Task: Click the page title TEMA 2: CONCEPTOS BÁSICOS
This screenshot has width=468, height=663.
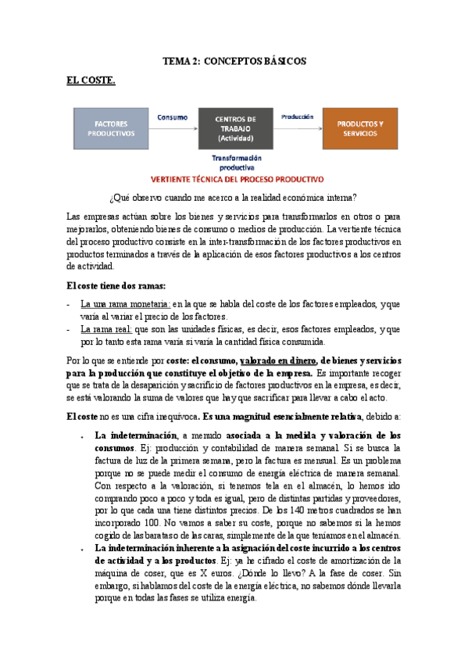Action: [234, 60]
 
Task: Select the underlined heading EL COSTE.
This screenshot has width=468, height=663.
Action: [91, 80]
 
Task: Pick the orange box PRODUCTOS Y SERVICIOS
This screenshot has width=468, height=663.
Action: [359, 128]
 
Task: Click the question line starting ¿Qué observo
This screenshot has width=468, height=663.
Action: [234, 197]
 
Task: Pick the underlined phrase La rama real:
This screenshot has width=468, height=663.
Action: [106, 329]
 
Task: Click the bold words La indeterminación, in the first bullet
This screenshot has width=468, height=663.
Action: [131, 435]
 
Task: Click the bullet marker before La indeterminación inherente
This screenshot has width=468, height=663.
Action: [82, 549]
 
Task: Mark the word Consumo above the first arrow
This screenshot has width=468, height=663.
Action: [173, 116]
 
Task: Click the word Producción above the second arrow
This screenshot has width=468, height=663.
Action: [298, 116]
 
